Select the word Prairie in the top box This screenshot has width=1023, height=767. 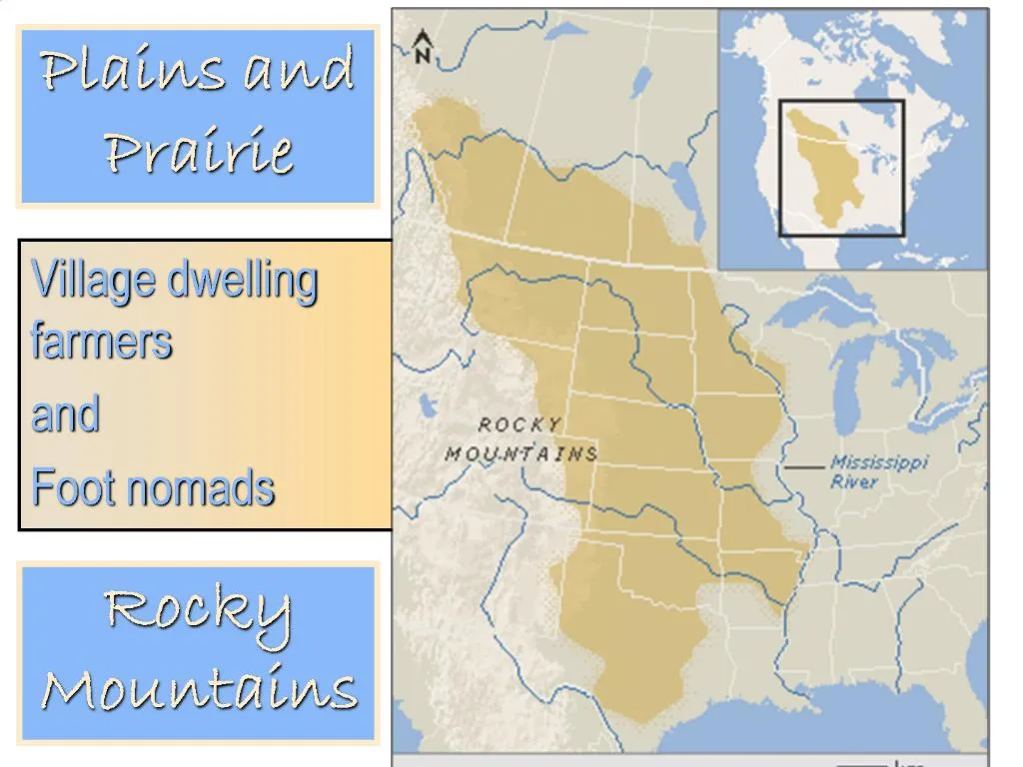[x=199, y=153]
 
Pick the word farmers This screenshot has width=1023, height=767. [x=101, y=341]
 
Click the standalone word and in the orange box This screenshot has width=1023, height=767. [x=66, y=413]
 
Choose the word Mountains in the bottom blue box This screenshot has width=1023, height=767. [x=199, y=688]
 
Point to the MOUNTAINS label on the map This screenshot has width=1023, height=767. [x=521, y=454]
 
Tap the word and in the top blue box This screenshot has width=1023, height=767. [x=299, y=72]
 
